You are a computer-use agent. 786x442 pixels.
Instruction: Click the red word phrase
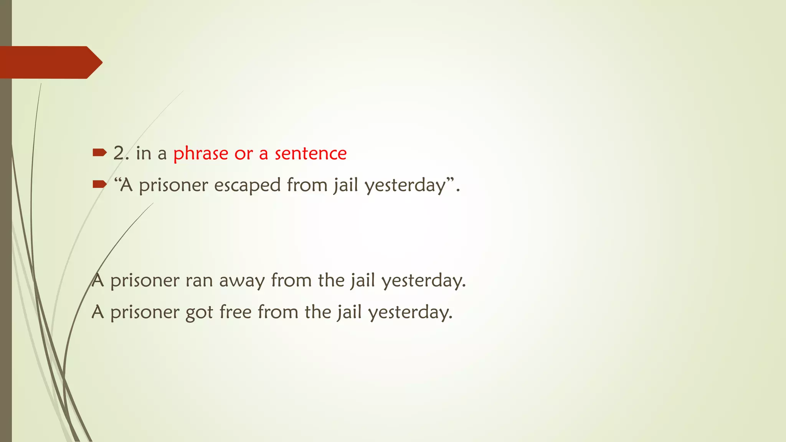coord(201,154)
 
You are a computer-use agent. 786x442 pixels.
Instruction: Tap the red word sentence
coord(310,153)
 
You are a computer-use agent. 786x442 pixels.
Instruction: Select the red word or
coord(243,154)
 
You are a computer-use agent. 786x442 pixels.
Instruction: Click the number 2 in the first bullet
coord(119,153)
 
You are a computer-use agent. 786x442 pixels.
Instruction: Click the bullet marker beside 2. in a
coord(99,153)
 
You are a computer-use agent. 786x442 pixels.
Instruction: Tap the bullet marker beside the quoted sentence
coord(99,185)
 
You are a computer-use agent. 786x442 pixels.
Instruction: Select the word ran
coord(199,281)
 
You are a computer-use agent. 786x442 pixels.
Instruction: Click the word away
coord(242,281)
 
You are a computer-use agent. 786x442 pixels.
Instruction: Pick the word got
coord(199,313)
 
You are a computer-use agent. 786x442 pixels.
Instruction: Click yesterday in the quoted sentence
coord(405,186)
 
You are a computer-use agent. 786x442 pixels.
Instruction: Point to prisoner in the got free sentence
coord(145,312)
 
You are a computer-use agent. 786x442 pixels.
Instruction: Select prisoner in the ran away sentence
coord(145,281)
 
